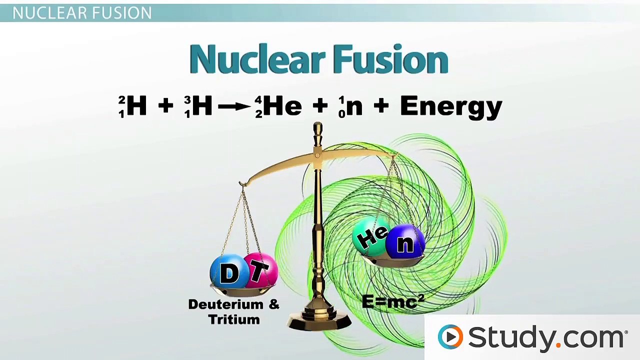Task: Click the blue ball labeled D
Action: (x=229, y=272)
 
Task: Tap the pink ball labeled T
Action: (x=260, y=270)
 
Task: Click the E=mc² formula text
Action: (x=392, y=301)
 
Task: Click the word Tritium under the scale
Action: (x=234, y=319)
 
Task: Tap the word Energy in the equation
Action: (x=450, y=106)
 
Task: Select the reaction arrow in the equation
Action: (x=234, y=106)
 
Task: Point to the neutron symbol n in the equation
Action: (x=354, y=107)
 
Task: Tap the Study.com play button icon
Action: (x=450, y=337)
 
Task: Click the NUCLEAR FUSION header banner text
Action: (x=82, y=13)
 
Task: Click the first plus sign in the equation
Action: (x=165, y=106)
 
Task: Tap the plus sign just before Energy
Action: (x=381, y=106)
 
